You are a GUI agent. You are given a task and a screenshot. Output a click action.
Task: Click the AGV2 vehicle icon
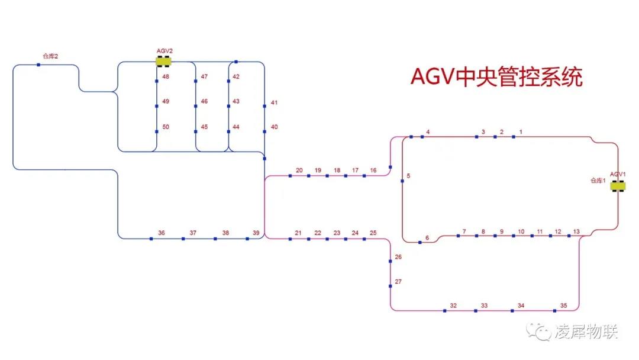164,61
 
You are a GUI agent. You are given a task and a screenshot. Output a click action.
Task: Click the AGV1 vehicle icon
618,186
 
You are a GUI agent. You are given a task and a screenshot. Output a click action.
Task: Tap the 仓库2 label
50,56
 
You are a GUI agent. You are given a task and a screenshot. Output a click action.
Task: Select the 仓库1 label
598,181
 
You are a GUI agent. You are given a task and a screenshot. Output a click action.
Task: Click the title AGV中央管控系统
497,77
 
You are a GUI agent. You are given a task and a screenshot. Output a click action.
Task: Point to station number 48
166,77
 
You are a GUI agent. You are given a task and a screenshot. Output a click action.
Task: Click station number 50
166,127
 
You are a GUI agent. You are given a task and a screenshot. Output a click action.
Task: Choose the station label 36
162,233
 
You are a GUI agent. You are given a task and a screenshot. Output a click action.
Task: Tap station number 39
256,233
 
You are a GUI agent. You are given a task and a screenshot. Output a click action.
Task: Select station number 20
299,171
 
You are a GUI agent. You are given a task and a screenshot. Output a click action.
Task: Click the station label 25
373,233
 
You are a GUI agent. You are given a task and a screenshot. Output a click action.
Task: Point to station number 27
398,282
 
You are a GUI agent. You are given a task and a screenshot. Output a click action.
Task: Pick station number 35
563,306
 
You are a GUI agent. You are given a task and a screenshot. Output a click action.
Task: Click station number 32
453,306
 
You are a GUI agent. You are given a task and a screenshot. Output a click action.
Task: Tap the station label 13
576,232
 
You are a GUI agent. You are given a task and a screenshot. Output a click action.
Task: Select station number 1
521,131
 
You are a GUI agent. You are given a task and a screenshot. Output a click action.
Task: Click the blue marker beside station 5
402,181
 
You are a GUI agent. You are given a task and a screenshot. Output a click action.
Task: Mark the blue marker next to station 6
420,242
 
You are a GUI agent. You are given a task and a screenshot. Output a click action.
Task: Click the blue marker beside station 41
264,107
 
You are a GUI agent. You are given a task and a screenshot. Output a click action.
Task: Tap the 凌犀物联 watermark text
586,332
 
